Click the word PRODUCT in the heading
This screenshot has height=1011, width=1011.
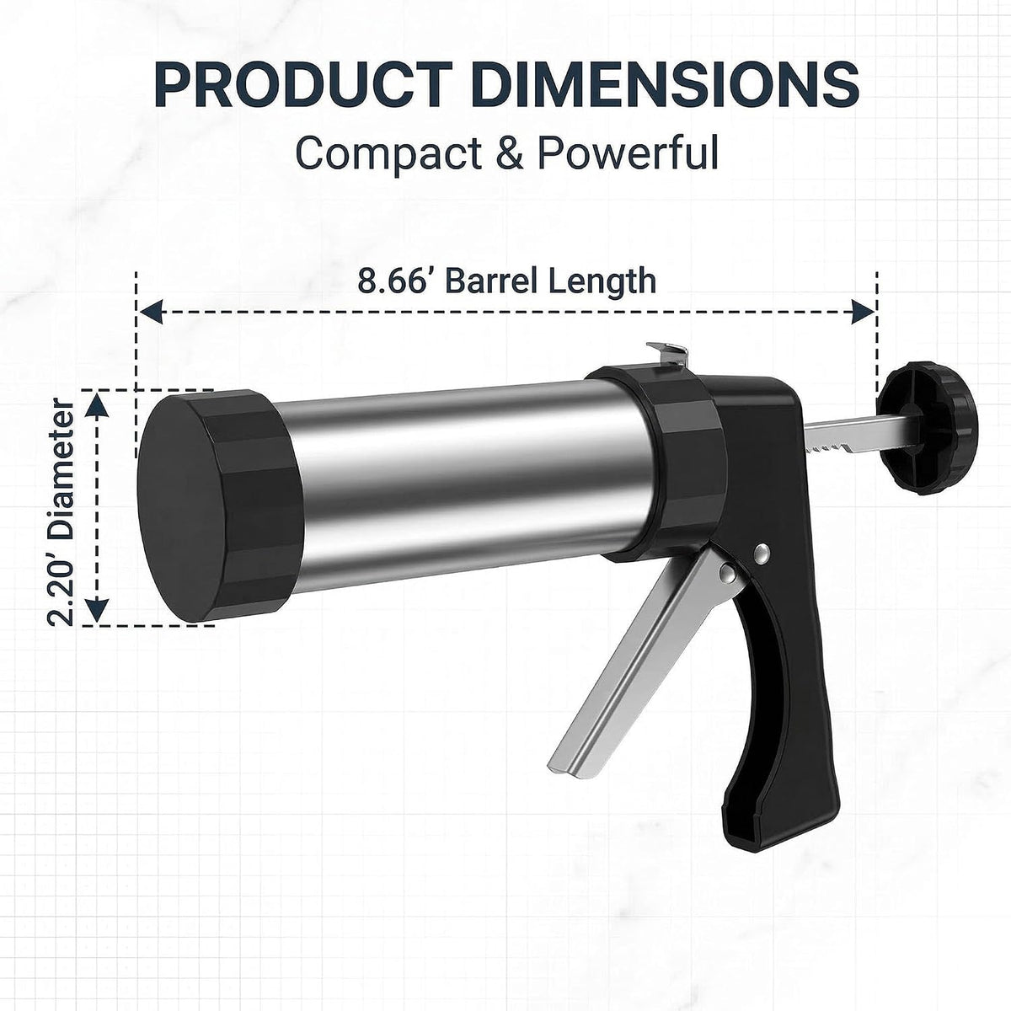pyautogui.click(x=303, y=84)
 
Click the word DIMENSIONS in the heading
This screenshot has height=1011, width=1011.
pyautogui.click(x=666, y=84)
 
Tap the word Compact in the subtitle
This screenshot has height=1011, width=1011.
pyautogui.click(x=388, y=153)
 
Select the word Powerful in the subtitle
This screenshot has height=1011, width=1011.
pyautogui.click(x=628, y=152)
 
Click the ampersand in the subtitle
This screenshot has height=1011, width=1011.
pyautogui.click(x=510, y=152)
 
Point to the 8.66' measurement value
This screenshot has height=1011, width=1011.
pyautogui.click(x=391, y=281)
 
